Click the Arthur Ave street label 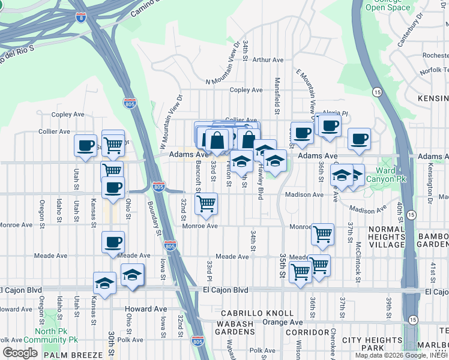(x=268, y=60)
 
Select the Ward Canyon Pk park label (x=386, y=175)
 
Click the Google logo (x=20, y=353)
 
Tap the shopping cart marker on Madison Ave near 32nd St (x=206, y=203)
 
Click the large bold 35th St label (x=283, y=263)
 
